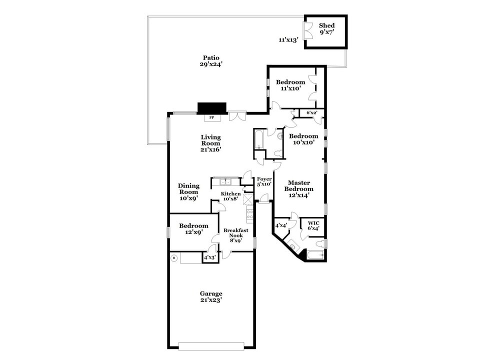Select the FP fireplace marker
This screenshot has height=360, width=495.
point(211,118)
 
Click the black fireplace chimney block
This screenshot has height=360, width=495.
point(212,108)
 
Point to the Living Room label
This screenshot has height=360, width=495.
point(210,143)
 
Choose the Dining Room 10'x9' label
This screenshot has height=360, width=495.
point(188,192)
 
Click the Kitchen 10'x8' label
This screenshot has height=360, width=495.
point(231,196)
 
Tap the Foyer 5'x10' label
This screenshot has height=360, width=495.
point(264,181)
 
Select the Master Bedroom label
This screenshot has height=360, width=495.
point(299,189)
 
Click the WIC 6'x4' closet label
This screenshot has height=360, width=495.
point(313,225)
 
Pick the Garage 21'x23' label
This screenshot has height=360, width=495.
point(211,297)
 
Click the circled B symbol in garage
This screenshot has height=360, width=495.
point(174,258)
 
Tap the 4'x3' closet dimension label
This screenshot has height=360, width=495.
point(210,258)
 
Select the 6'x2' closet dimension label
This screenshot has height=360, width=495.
point(311,113)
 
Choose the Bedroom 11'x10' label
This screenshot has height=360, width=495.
point(290,85)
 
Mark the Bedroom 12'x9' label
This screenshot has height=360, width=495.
point(193,229)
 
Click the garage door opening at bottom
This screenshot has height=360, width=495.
point(211,345)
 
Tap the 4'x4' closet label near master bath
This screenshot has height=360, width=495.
point(281,225)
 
